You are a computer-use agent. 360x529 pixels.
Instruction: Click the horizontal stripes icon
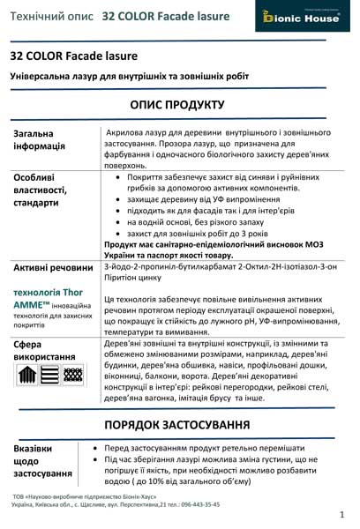coord(50,376)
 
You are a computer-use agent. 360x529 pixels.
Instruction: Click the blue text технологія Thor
coord(44,291)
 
